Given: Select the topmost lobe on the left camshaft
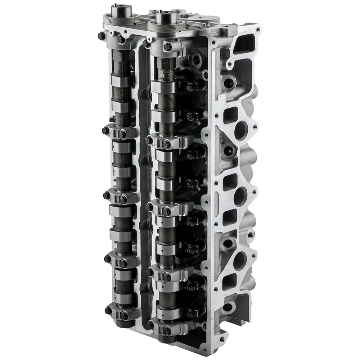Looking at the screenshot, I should (122, 81).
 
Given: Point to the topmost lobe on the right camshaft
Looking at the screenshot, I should (163, 87).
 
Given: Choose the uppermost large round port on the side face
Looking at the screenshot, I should (240, 130).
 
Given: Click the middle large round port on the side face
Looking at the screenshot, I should (240, 196).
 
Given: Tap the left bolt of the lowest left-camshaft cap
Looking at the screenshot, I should (108, 310).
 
